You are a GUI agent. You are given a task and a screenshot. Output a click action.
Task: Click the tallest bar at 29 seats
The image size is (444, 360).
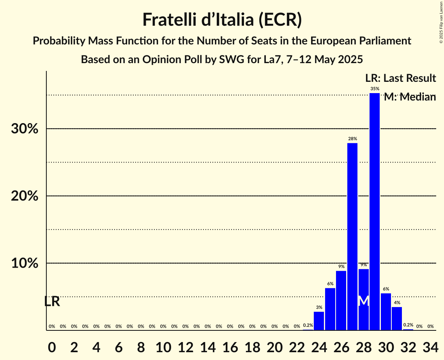point(374,212)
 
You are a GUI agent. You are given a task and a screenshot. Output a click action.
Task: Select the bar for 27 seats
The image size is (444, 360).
point(352,236)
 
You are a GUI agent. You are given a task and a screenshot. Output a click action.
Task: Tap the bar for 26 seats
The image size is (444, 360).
point(341,300)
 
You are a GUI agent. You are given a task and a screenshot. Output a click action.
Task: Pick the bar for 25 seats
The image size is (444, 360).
point(330,309)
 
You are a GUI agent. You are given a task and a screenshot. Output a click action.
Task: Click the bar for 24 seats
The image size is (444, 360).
point(319,321)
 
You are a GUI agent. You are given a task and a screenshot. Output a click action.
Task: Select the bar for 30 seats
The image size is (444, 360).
point(386,312)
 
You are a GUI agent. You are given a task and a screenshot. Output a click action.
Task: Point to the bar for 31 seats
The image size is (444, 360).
point(397,318)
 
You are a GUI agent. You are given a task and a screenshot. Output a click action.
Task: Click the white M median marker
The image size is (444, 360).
point(363,301)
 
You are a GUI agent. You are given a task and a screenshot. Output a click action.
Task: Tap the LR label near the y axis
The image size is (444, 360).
point(52,302)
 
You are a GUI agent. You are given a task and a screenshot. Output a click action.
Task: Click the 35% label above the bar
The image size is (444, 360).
point(375,89)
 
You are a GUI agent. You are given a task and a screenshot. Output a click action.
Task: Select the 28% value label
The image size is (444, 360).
point(352,139)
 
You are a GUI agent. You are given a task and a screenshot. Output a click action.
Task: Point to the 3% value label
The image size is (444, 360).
point(319,307)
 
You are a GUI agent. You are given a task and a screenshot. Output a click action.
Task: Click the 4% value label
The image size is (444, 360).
point(397,303)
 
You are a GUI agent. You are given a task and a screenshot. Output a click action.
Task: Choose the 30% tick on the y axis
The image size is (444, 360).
point(25,129)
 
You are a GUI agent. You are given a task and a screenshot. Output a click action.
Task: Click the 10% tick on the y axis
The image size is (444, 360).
point(25,263)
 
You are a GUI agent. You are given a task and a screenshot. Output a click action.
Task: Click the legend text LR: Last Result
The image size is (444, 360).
point(400,78)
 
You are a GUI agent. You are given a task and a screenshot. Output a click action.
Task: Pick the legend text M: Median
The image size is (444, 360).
point(410,97)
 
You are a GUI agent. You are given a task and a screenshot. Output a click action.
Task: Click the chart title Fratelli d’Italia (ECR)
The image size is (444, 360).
point(222,20)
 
